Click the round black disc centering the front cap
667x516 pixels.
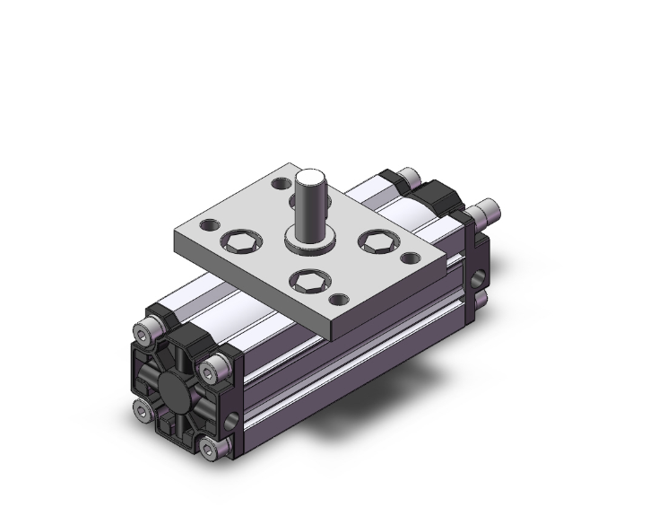point(176,388)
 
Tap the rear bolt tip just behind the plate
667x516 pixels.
point(408,175)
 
